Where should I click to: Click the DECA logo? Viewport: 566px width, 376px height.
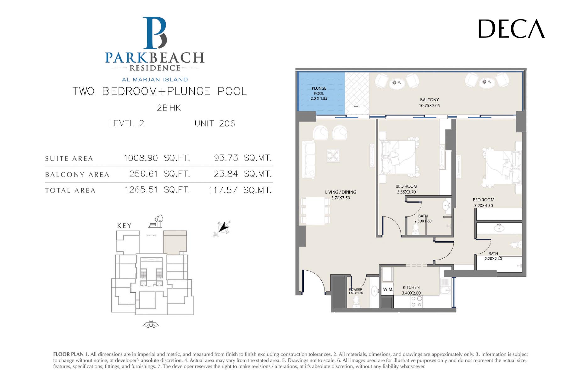pos(511,29)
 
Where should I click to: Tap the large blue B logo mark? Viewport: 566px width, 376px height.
pos(155,33)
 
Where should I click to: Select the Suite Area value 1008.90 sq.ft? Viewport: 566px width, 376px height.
pos(157,158)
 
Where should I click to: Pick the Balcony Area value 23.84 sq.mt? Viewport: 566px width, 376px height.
pos(243,174)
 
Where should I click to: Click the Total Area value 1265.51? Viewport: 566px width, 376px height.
pos(141,190)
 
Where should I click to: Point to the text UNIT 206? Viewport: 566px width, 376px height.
pos(215,123)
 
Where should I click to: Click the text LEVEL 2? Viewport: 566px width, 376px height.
pos(126,123)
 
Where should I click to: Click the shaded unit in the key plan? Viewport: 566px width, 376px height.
pos(175,242)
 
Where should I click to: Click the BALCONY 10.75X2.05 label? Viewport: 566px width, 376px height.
pos(429,103)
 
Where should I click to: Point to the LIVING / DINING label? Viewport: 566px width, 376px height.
pos(341,192)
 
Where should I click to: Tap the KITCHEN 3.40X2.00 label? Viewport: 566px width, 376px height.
pos(411,290)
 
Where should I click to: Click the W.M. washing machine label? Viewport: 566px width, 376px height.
pos(388,289)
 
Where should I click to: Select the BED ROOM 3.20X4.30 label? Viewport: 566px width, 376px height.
pos(484,203)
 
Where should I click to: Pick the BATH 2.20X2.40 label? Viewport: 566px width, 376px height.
pos(493,256)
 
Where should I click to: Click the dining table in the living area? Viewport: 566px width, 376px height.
pos(315,210)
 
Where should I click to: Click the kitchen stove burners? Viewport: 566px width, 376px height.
pos(416,301)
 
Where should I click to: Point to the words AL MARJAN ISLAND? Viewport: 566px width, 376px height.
pos(155,80)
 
